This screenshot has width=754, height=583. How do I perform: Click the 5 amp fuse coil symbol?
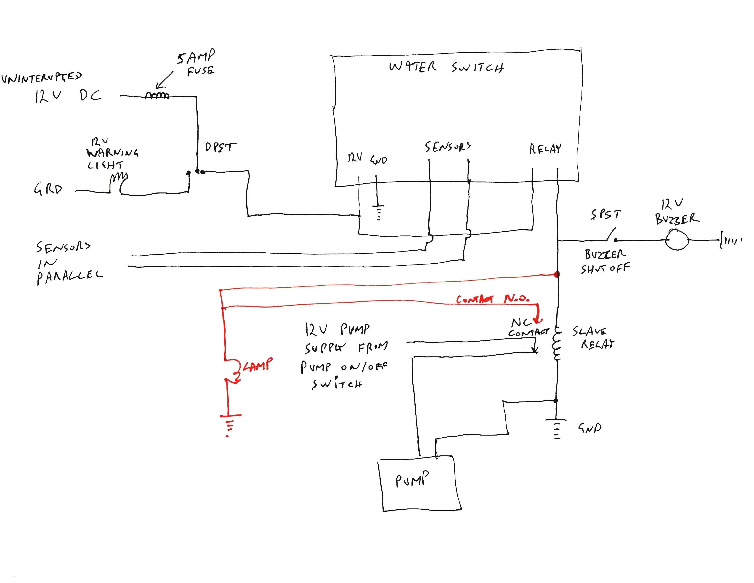157,95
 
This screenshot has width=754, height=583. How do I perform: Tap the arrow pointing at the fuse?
164,81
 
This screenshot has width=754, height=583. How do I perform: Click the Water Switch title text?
446,67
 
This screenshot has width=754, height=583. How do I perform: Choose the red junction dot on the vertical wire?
557,275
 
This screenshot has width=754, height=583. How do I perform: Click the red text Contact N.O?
492,299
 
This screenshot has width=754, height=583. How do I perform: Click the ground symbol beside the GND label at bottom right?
556,428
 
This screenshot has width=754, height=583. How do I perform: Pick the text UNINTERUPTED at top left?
41,78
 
